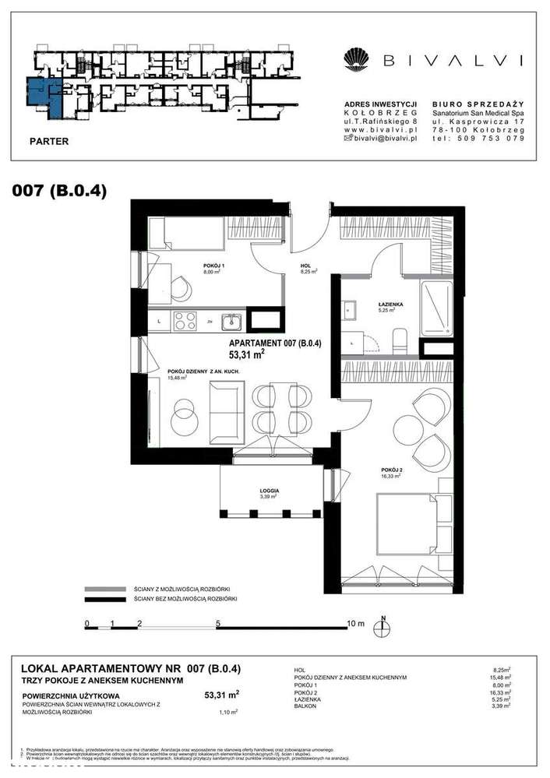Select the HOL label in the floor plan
click(306, 266)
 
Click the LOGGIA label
click(270, 491)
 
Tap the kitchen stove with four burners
click(186, 320)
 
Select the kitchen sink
click(231, 320)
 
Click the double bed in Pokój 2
click(404, 529)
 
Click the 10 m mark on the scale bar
click(354, 623)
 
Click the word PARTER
click(48, 142)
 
